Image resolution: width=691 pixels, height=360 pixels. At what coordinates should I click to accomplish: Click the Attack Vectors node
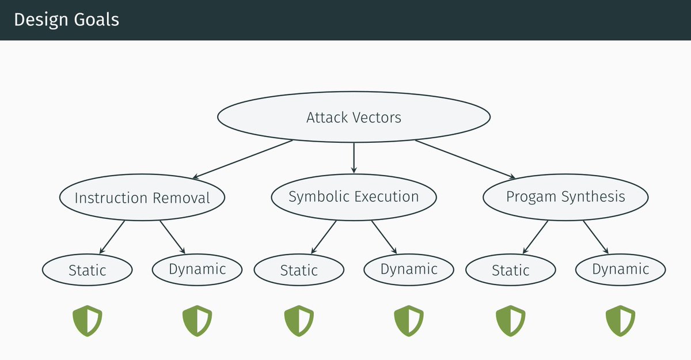(x=354, y=118)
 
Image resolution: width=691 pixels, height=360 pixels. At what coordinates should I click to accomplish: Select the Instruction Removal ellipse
(x=142, y=198)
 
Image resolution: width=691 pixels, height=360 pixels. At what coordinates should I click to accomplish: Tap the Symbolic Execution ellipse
(x=354, y=197)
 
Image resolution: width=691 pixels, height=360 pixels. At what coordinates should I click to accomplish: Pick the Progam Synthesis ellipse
(x=565, y=197)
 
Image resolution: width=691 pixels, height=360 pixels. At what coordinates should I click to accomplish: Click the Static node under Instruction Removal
(x=88, y=270)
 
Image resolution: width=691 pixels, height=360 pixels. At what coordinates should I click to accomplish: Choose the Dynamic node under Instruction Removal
(x=198, y=268)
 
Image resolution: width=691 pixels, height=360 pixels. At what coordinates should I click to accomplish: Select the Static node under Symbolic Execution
(x=299, y=270)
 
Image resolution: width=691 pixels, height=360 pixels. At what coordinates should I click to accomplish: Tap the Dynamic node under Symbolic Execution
(x=409, y=268)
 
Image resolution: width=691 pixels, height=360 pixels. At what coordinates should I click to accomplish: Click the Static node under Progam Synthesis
(x=511, y=270)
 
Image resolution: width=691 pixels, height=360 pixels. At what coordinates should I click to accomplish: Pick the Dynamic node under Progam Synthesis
(x=621, y=268)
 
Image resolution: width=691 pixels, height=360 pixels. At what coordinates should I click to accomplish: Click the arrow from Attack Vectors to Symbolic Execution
(x=354, y=157)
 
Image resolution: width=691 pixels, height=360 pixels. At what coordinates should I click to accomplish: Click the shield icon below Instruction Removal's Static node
(x=87, y=321)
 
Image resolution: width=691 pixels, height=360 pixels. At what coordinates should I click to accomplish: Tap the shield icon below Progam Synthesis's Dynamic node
(x=620, y=321)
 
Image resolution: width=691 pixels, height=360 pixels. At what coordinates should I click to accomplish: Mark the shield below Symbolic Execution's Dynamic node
(x=409, y=321)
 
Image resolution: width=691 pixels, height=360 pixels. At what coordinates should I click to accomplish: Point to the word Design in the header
(x=37, y=20)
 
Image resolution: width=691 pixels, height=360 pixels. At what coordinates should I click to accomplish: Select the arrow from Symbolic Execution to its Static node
(x=324, y=237)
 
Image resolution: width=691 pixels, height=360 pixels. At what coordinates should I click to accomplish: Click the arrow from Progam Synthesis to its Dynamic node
(x=596, y=237)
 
